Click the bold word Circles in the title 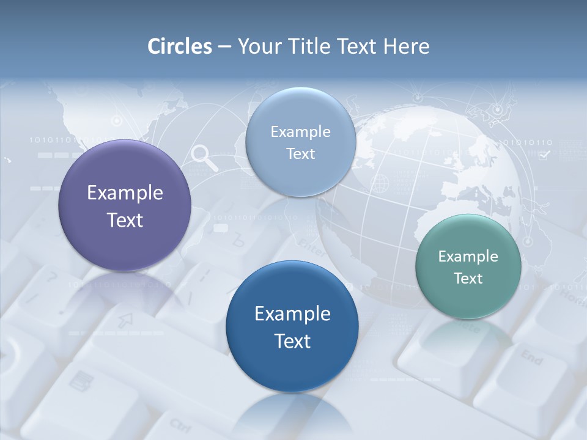[180, 46]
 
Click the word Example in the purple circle [125, 193]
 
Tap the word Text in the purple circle [125, 220]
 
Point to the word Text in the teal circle [468, 278]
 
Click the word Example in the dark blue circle [292, 313]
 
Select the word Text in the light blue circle [300, 153]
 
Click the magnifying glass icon [204, 157]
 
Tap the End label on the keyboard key [531, 358]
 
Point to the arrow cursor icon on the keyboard [125, 320]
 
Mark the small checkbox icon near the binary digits [544, 155]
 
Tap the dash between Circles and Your [224, 46]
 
